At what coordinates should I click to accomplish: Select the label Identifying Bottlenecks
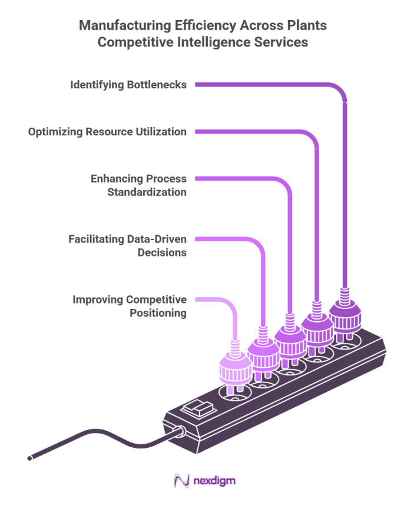click(128, 85)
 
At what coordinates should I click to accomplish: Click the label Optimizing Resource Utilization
click(108, 132)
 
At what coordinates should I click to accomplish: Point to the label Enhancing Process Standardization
click(138, 185)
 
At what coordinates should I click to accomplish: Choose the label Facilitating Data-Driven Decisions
click(127, 246)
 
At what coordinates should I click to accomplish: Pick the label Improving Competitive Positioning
click(130, 306)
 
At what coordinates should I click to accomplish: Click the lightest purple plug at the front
click(236, 368)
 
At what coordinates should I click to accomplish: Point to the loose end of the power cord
click(29, 457)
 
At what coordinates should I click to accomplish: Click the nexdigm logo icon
click(181, 481)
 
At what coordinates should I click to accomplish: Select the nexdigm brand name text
click(214, 481)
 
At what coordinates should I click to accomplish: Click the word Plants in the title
click(304, 26)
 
